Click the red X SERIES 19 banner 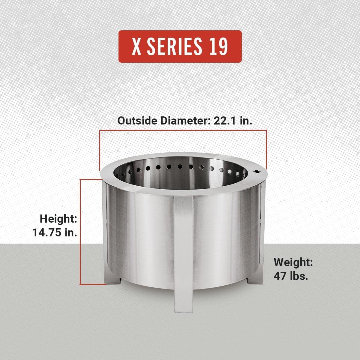coord(180,46)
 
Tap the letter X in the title coord(137,47)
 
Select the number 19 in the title coord(218,47)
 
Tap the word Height coord(58,219)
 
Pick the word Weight coord(293,262)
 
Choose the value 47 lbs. coord(291,276)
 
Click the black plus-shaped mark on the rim coord(257,172)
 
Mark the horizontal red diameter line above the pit coord(183,130)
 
